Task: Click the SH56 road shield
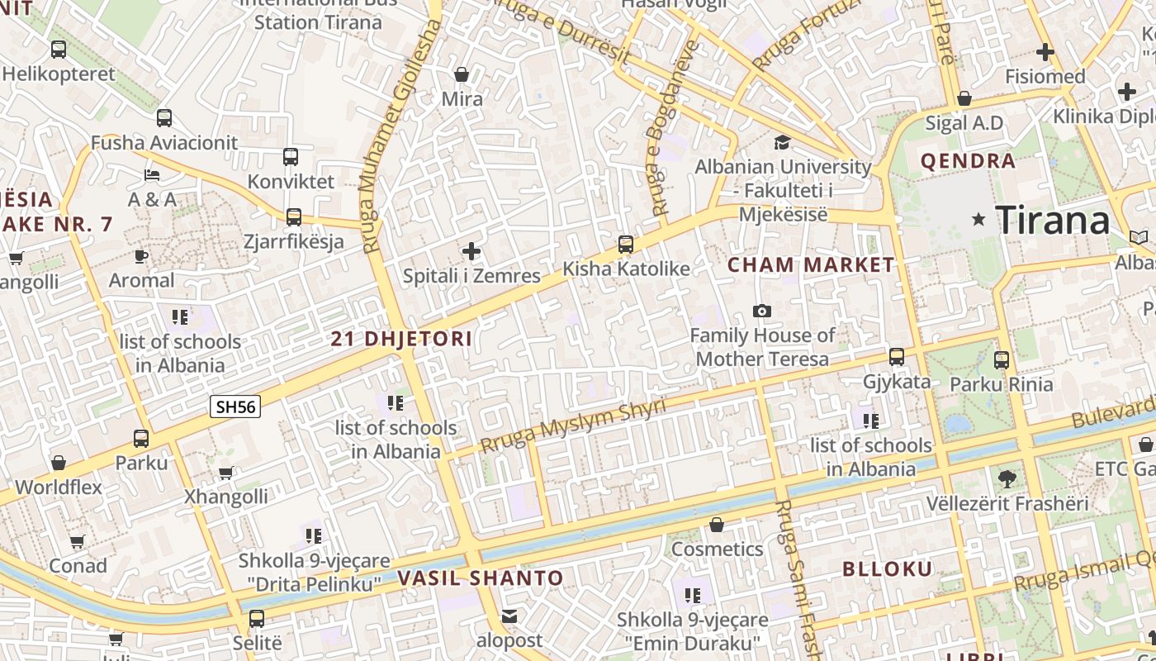tap(235, 406)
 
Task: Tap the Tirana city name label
tap(1053, 220)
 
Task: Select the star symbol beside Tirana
tap(979, 219)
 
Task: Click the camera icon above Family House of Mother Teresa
tap(762, 311)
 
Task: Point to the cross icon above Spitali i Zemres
tap(471, 250)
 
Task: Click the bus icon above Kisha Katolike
tap(626, 244)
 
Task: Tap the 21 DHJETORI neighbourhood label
tap(401, 338)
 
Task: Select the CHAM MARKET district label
tap(810, 264)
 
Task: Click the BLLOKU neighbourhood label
tap(888, 568)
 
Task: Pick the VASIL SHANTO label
tap(481, 578)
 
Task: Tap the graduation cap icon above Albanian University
tap(782, 142)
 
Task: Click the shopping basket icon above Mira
tap(462, 74)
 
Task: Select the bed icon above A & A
tap(152, 174)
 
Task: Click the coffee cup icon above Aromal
tap(141, 256)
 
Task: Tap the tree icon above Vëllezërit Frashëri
tap(1007, 478)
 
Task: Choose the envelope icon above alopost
tap(509, 616)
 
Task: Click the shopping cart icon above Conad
tap(77, 541)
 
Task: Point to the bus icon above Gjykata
tap(897, 357)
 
